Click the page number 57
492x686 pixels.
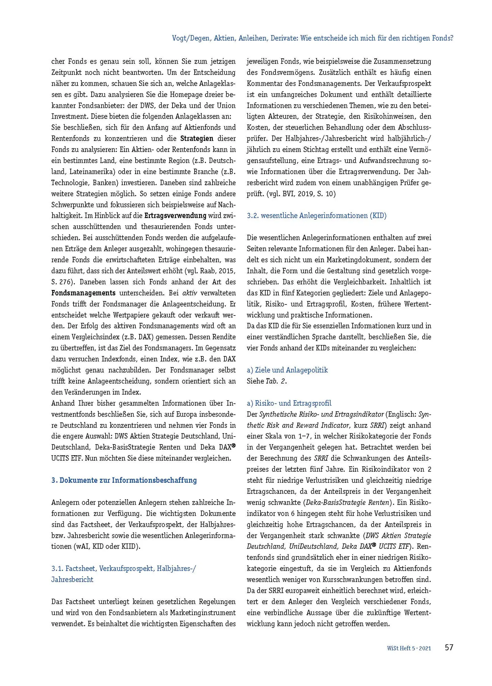coord(449,647)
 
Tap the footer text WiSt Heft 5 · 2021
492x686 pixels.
coord(409,648)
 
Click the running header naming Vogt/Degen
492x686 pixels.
coord(312,38)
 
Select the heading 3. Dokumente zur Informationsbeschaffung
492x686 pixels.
coord(124,480)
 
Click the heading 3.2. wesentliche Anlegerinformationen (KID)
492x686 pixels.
coord(316,215)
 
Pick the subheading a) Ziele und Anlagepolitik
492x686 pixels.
coord(287,370)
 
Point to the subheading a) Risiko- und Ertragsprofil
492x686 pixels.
coord(289,403)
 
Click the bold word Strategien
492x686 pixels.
coord(197,138)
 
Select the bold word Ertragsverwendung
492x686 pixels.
coord(175,215)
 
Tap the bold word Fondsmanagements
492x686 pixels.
coord(83,293)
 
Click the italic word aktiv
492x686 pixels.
coord(190,293)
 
